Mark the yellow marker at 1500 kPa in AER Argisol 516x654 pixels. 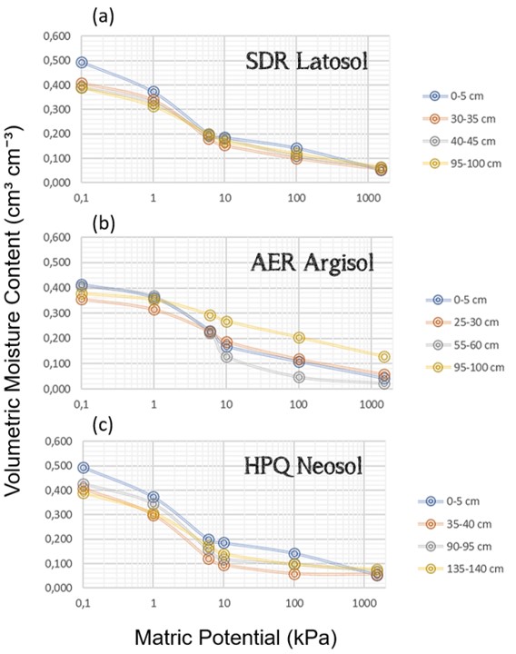(384, 357)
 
